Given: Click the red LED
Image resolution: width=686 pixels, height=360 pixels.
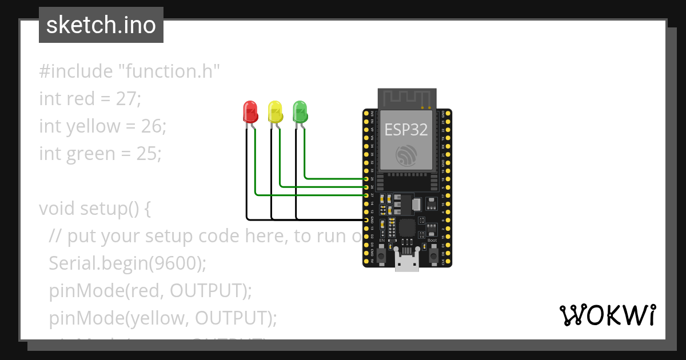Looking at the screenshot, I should [250, 112].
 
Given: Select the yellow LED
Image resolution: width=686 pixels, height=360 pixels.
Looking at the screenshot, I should [275, 112].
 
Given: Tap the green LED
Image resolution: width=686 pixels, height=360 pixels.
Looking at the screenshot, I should [300, 111].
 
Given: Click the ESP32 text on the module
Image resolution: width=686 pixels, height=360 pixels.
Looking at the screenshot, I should [406, 130].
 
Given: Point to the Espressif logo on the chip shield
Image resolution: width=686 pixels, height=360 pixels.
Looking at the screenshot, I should [406, 155].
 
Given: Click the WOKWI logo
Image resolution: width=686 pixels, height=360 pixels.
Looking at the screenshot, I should [607, 315].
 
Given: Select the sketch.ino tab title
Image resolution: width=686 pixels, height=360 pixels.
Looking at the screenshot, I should [101, 25].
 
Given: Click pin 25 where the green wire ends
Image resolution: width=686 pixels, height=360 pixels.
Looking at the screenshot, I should [366, 179].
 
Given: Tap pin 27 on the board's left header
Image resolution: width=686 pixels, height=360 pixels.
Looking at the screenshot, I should [366, 195].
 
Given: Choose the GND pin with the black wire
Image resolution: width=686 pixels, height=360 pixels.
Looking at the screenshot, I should [366, 219].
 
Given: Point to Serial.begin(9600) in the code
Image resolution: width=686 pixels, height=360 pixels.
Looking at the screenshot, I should [127, 263].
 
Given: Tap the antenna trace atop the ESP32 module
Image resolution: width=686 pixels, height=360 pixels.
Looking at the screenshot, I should [406, 99].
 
